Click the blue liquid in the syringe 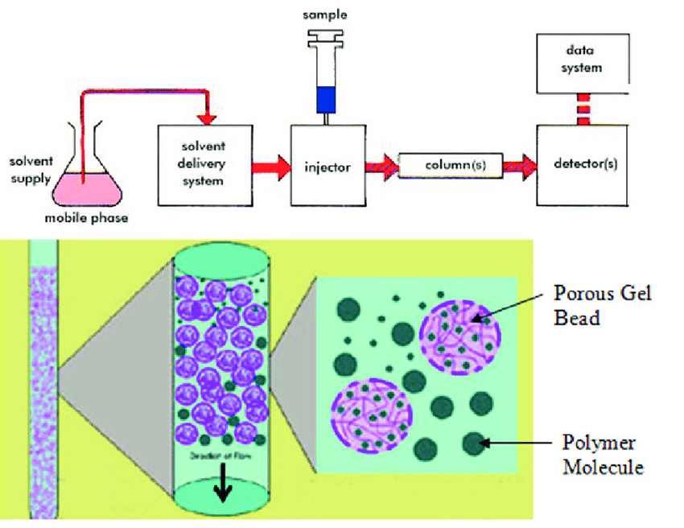coord(325,99)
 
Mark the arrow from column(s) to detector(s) coord(520,166)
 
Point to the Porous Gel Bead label coord(601,305)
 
